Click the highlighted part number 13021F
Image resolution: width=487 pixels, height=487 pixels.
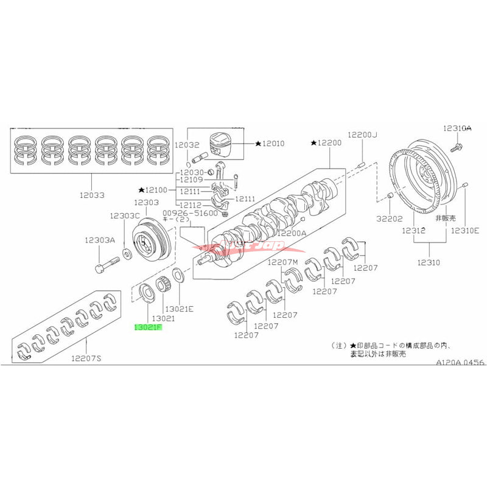148,327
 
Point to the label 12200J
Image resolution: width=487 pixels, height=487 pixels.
362,135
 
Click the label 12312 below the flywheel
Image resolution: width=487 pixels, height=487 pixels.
413,231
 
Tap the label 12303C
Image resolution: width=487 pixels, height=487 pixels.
125,216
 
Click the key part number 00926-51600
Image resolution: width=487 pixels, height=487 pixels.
190,214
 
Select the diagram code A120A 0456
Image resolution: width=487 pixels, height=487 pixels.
460,362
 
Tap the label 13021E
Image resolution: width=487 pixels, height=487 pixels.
179,309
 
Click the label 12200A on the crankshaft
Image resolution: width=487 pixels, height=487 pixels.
292,233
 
